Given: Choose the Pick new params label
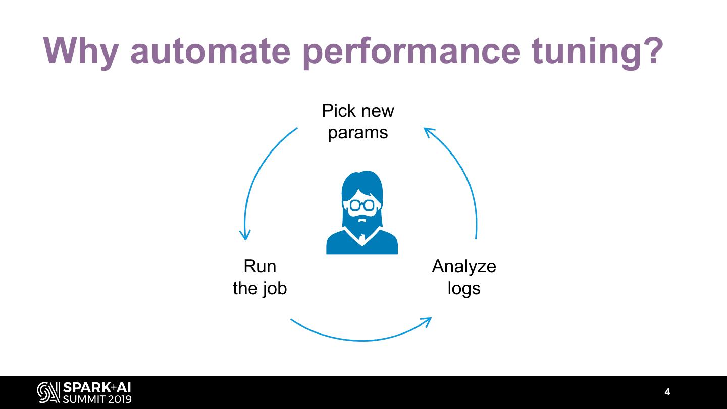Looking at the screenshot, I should (x=358, y=121).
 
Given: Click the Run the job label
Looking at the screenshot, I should (x=259, y=277).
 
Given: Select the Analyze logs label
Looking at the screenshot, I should (x=464, y=277).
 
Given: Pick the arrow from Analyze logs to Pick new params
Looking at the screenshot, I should (x=462, y=177).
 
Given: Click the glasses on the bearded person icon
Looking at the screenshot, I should (x=362, y=205).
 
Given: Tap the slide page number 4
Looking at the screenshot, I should (x=667, y=392).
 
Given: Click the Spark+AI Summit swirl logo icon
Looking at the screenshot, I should (x=48, y=393).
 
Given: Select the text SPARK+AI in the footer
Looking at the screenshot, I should (x=96, y=388).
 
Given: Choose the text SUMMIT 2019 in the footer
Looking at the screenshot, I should (x=96, y=399).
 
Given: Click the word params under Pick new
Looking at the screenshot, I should (x=358, y=133).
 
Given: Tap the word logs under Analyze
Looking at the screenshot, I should (x=464, y=288).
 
